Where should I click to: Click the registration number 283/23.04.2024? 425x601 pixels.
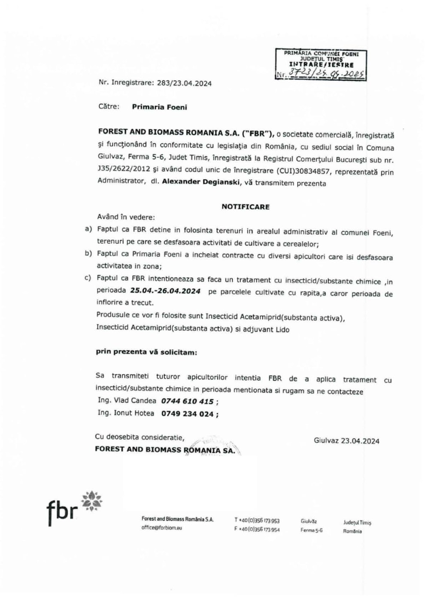184,83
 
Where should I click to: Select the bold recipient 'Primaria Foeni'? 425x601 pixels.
159,107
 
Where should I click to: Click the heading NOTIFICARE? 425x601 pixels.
246,206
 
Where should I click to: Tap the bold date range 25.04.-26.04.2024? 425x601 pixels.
165,291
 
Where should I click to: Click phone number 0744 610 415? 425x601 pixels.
187,401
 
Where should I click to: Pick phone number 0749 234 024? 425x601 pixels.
187,414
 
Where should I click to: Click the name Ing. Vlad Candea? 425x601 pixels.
127,401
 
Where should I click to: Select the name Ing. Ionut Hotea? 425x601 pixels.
126,413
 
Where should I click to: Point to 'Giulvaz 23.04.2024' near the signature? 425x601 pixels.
346,441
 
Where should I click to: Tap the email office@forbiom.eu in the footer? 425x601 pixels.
162,528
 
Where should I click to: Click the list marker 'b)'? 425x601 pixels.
88,254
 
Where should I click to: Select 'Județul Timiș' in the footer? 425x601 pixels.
357,522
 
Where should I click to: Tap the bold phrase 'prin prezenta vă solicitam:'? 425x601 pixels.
146,352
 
